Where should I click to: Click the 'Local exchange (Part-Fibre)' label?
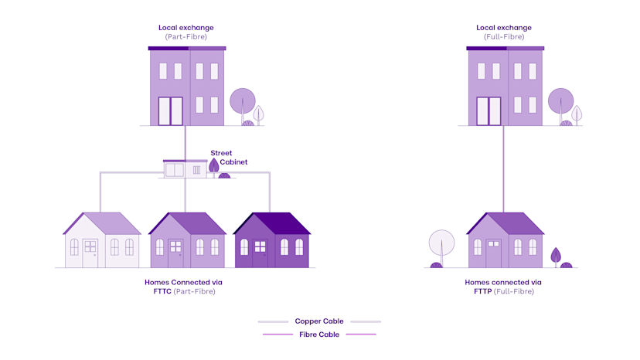186,32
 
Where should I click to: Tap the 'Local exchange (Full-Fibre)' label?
504,32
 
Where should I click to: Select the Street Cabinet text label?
221,158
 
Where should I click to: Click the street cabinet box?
185,168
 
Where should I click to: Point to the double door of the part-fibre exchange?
171,111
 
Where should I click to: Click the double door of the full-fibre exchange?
489,111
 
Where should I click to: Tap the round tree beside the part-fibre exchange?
242,102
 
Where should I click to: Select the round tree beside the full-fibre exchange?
560,101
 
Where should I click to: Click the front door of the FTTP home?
493,253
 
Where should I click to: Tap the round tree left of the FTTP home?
441,243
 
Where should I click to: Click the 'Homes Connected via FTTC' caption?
183,287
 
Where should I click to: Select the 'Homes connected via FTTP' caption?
503,287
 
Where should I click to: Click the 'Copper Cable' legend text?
318,321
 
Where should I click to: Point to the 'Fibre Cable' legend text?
318,335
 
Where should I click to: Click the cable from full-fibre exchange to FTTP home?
504,170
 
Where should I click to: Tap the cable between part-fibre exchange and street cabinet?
186,142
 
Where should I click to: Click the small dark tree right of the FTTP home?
556,256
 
